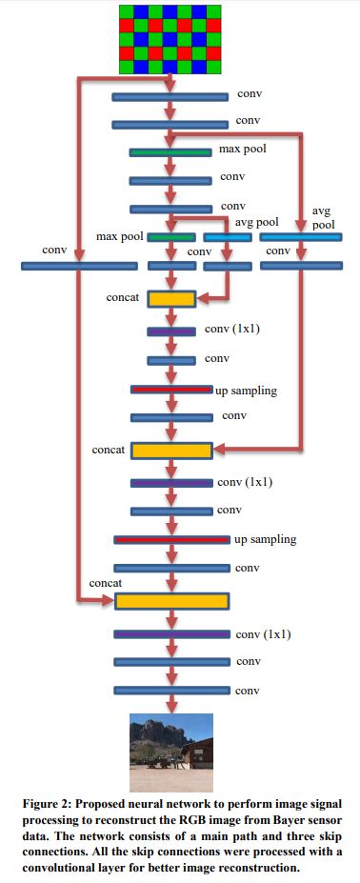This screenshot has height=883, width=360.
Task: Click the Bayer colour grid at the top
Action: coord(170,38)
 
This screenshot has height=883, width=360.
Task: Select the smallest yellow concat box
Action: coord(171,299)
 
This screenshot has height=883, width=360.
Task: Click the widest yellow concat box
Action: coord(171,600)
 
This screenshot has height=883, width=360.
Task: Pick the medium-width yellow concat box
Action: coord(171,450)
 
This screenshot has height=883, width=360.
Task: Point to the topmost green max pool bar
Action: coord(170,151)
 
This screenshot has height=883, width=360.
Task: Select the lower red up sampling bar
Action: coord(171,540)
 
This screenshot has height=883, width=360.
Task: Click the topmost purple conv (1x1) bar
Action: coord(171,331)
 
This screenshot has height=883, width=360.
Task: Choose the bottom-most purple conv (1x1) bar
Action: coord(171,633)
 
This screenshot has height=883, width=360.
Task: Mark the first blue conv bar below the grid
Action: coord(170,96)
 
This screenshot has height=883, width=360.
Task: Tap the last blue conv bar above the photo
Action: coord(171,690)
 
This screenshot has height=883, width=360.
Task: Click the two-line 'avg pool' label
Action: coord(325,219)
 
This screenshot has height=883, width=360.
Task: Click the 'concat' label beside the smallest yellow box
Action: coord(123,298)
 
